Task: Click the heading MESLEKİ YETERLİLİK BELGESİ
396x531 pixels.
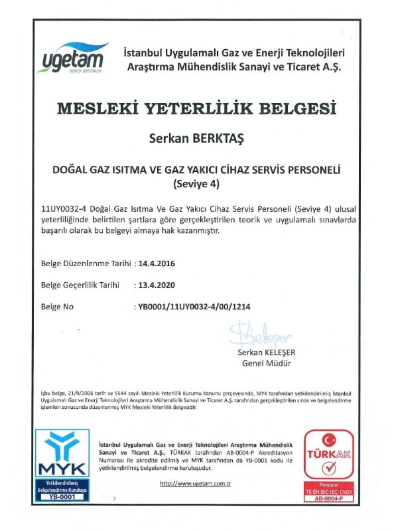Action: (197, 108)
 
